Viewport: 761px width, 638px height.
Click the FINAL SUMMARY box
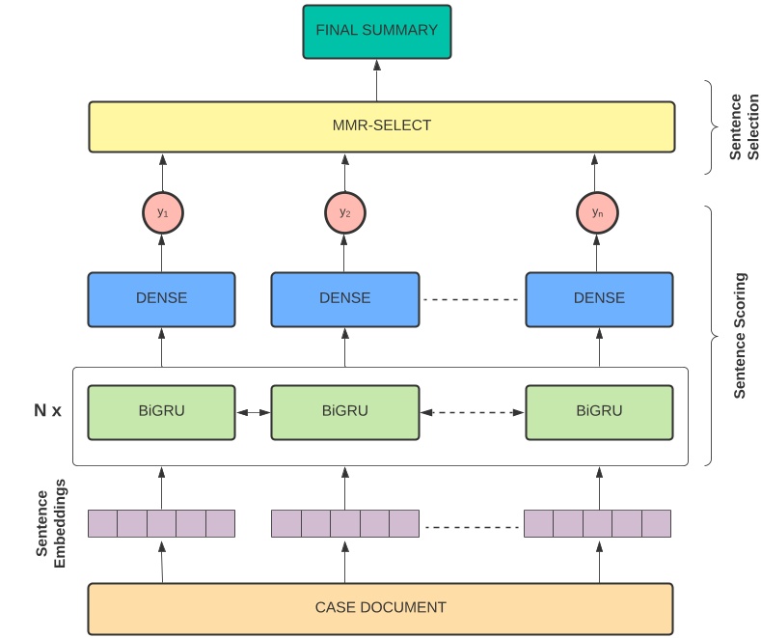[x=377, y=31]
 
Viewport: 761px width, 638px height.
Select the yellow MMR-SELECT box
[x=381, y=126]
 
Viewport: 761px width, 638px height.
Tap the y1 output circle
[x=162, y=212]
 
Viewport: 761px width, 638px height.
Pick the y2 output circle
[x=344, y=212]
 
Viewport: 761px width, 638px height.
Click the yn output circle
[x=598, y=212]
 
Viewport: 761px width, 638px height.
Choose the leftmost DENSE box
[x=161, y=298]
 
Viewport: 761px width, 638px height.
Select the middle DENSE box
[x=344, y=298]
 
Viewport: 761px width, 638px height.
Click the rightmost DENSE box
[x=599, y=298]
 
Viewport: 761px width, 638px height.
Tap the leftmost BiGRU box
[x=161, y=411]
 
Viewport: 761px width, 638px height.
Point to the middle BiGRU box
[x=344, y=411]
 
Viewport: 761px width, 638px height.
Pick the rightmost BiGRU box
[x=599, y=411]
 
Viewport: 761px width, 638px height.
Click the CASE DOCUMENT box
[x=381, y=608]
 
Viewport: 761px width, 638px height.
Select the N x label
[x=47, y=411]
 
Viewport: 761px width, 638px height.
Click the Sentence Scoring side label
[x=740, y=335]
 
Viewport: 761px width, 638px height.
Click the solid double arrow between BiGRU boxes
[x=253, y=413]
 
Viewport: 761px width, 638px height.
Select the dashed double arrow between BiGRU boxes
[x=473, y=413]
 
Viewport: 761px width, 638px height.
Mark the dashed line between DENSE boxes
[x=473, y=299]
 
